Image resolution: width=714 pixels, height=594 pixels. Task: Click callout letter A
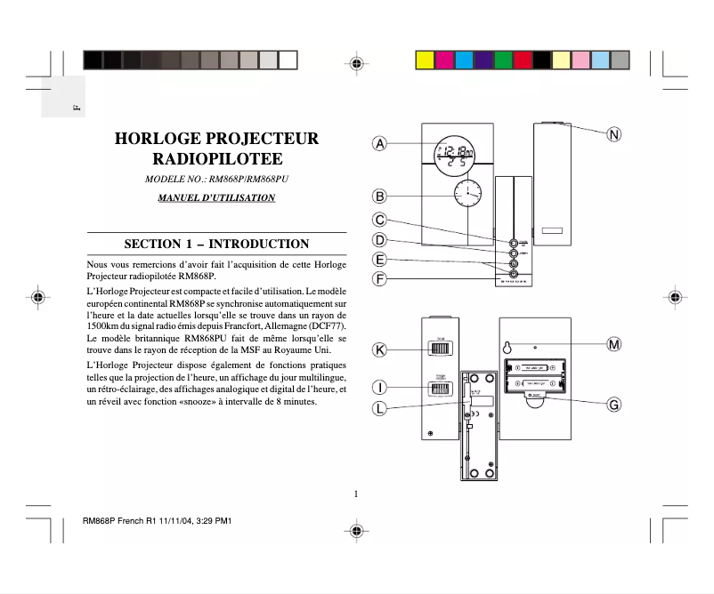tap(379, 143)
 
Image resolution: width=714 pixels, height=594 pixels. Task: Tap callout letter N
tap(614, 135)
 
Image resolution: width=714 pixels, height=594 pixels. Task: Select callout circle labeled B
tap(379, 197)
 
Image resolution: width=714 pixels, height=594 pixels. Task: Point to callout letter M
tap(614, 343)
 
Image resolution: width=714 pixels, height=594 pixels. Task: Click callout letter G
tap(614, 405)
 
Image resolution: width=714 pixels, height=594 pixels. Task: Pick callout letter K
tap(379, 350)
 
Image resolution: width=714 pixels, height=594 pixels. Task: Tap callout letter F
tap(379, 279)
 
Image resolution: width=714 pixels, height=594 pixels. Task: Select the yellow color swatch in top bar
tap(426, 60)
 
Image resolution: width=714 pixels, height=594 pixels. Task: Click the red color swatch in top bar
tap(523, 60)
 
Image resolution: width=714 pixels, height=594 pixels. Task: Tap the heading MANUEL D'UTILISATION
tap(216, 197)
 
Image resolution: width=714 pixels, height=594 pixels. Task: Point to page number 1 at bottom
tap(355, 494)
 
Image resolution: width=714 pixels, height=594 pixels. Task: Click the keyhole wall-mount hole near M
tap(506, 348)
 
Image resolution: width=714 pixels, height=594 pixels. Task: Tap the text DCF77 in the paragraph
tap(326, 326)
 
